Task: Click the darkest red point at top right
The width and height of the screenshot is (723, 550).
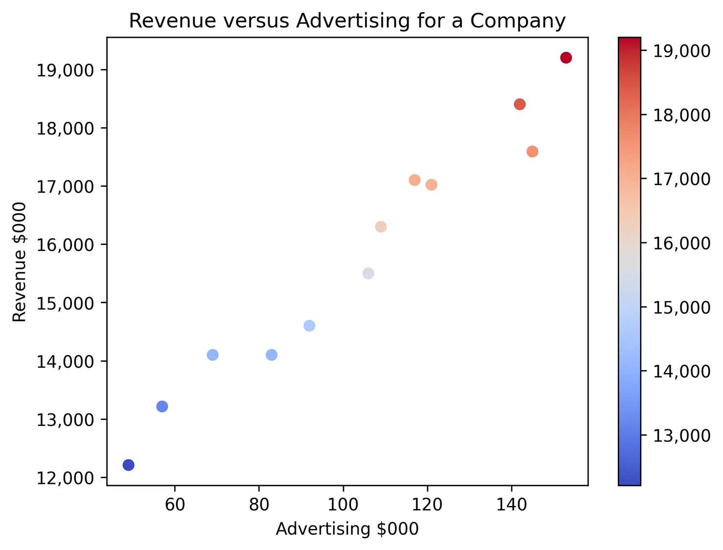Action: (x=566, y=58)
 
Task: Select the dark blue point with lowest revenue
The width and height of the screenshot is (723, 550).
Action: (x=128, y=465)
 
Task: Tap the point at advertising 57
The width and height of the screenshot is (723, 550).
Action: (x=162, y=406)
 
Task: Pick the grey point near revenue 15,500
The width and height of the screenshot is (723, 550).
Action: (x=368, y=273)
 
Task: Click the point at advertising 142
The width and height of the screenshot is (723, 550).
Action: (x=520, y=104)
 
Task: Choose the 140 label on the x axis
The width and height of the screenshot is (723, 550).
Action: (x=512, y=505)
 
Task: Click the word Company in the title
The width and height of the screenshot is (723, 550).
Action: (x=518, y=21)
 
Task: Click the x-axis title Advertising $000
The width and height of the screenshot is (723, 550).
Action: (x=347, y=529)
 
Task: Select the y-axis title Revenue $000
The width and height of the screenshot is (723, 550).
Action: (x=20, y=262)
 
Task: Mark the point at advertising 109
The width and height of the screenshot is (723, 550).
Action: (x=381, y=227)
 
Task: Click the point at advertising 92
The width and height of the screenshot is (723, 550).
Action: (x=309, y=326)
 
